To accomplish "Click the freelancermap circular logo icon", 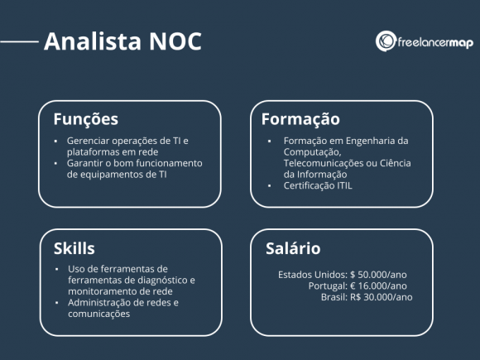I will [x=386, y=41].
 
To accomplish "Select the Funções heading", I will [x=85, y=118].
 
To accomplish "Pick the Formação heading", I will [x=300, y=118].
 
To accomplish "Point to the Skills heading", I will [x=74, y=248].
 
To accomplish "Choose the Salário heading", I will [x=293, y=248].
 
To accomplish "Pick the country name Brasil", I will [x=334, y=296].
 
